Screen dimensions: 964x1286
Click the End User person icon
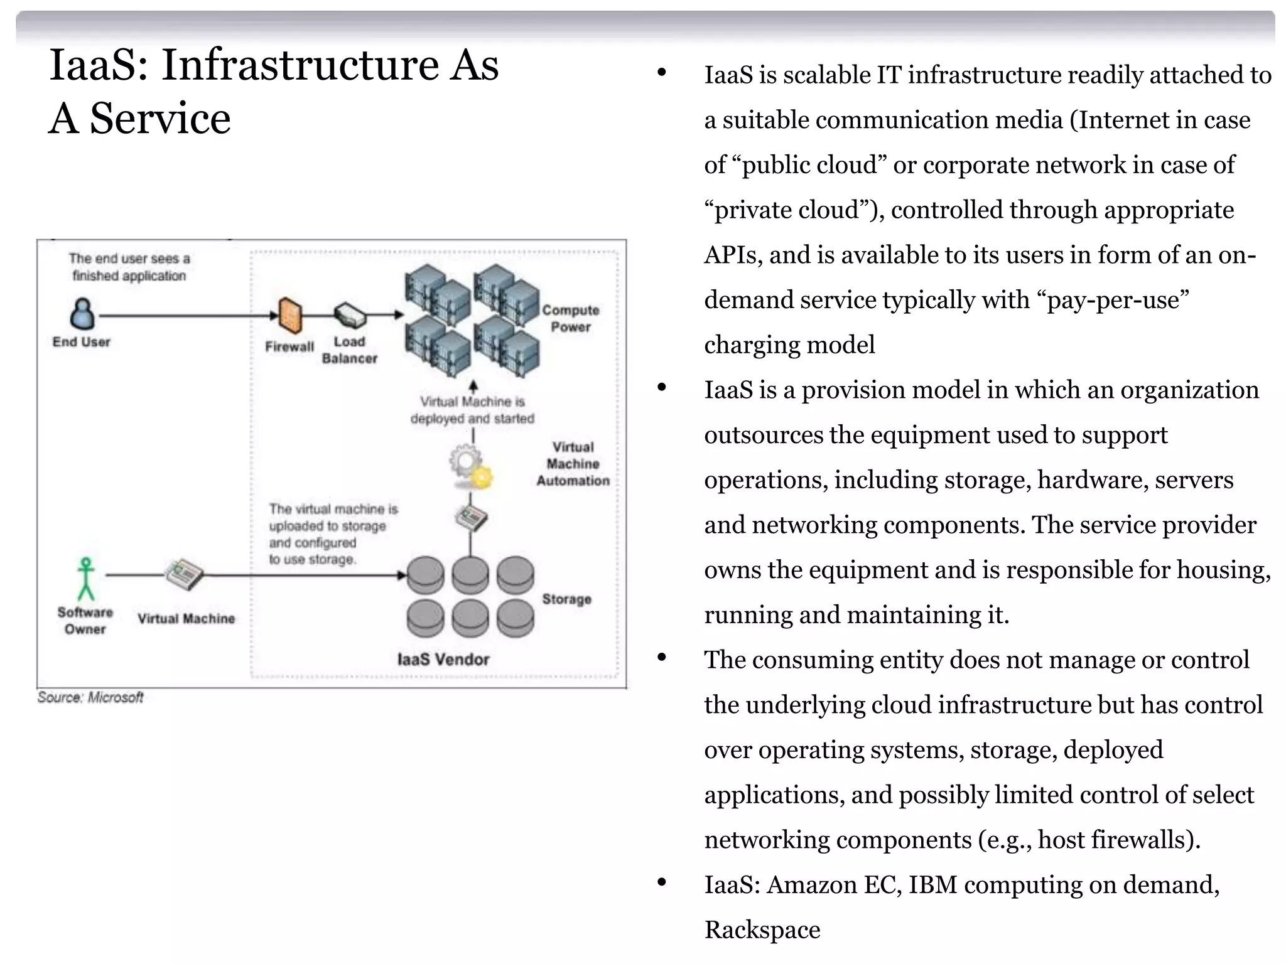[x=82, y=313]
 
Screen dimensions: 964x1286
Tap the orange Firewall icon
[x=289, y=315]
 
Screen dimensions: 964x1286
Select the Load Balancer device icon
[x=350, y=315]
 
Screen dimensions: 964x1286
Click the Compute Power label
[x=570, y=318]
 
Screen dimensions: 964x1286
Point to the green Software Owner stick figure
[x=86, y=579]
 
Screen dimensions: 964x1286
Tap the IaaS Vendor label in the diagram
[x=443, y=659]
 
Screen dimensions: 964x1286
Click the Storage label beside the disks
[x=566, y=599]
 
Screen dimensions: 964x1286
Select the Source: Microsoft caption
[x=90, y=697]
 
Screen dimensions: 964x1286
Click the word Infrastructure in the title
[x=300, y=65]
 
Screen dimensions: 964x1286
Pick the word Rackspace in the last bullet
[x=762, y=929]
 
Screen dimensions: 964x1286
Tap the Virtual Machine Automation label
[x=573, y=464]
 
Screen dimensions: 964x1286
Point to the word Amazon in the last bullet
[x=811, y=885]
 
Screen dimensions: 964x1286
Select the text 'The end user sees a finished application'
[x=129, y=267]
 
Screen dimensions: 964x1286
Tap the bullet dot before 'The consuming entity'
[x=661, y=657]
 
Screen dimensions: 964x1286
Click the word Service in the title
[x=160, y=119]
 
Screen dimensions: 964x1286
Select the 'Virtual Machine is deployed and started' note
[x=472, y=410]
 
